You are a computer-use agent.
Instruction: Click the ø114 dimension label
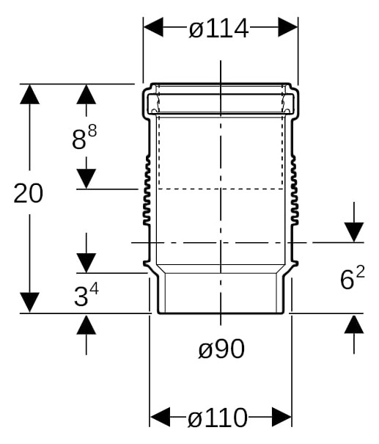click(218, 29)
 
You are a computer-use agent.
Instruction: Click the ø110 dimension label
click(217, 418)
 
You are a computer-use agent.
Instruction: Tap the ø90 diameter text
click(221, 349)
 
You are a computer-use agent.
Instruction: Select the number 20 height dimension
click(29, 193)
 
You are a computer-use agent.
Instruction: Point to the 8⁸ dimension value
click(84, 138)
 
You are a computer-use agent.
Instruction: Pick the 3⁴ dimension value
click(87, 295)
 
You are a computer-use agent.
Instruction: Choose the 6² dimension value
click(353, 278)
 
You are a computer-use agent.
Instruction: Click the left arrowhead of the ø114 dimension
click(153, 27)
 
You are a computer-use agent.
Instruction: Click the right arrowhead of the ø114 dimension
click(288, 27)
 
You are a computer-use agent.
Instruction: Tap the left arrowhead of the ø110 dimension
click(160, 417)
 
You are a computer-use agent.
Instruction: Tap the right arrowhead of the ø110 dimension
click(282, 417)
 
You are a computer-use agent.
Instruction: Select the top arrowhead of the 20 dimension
click(30, 94)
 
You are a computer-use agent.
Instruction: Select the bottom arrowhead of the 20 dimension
click(30, 302)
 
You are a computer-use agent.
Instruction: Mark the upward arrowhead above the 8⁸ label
click(87, 94)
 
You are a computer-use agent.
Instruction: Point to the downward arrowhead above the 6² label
click(354, 233)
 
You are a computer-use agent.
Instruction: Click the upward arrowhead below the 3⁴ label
click(87, 324)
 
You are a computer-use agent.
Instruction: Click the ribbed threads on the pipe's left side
click(147, 190)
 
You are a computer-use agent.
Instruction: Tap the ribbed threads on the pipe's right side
click(295, 190)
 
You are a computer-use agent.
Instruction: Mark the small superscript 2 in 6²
click(361, 272)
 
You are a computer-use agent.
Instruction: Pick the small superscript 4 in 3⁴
click(95, 289)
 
